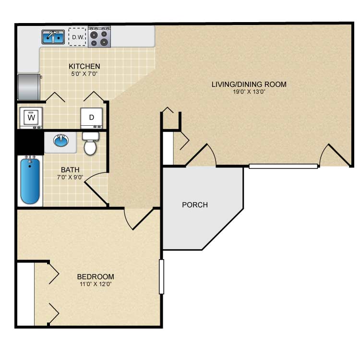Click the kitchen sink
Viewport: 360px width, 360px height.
tap(53, 37)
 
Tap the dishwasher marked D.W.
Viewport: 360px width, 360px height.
tap(77, 37)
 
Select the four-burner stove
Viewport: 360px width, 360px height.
tap(99, 37)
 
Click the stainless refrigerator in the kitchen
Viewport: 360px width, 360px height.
tap(30, 87)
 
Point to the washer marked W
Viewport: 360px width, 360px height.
tap(31, 118)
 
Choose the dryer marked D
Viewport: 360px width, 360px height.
tap(91, 118)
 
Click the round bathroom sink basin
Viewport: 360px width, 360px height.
tap(61, 140)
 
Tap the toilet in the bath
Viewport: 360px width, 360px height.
tap(90, 144)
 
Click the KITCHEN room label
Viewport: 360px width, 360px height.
tap(84, 66)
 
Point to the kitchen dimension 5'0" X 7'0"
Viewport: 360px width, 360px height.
tap(84, 74)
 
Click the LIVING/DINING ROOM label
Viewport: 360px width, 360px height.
tap(249, 84)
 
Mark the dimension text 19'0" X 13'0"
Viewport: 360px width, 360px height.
tap(249, 92)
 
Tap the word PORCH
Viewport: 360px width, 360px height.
tap(195, 205)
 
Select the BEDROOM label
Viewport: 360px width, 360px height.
tap(96, 276)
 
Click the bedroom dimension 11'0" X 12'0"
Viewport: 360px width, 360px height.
tap(96, 284)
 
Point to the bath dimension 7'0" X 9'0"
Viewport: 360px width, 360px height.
tap(70, 177)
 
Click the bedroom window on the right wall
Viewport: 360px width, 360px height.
tap(161, 276)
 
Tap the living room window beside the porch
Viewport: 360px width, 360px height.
tap(284, 166)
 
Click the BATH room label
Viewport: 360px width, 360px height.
tap(70, 170)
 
